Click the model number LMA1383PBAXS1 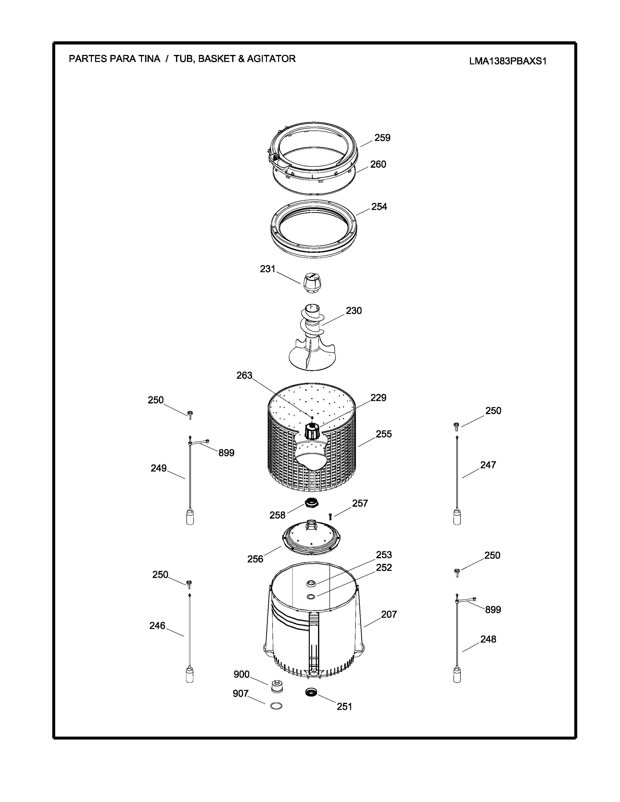(508, 61)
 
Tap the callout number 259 (382, 138)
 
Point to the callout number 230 (354, 311)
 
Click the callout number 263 (244, 375)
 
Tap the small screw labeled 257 (330, 516)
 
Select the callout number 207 (389, 614)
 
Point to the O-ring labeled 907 (276, 706)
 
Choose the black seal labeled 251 (311, 692)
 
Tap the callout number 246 (157, 625)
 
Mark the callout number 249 (159, 468)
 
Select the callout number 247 (488, 465)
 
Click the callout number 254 (379, 207)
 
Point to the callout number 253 (384, 555)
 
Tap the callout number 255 (384, 434)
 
